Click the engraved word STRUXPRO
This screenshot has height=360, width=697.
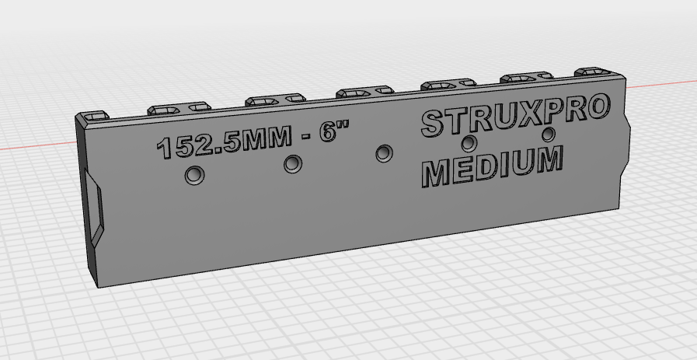pyautogui.click(x=513, y=117)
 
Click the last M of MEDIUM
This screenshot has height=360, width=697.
pyautogui.click(x=545, y=160)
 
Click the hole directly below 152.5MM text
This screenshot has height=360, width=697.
pyautogui.click(x=193, y=176)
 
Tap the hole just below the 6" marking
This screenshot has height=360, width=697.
pyautogui.click(x=293, y=164)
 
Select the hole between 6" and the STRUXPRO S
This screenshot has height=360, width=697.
pyautogui.click(x=384, y=153)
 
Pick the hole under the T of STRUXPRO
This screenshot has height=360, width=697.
pyautogui.click(x=469, y=143)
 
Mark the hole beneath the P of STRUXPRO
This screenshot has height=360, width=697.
pyautogui.click(x=549, y=134)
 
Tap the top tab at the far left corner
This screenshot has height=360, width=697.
pyautogui.click(x=94, y=116)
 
